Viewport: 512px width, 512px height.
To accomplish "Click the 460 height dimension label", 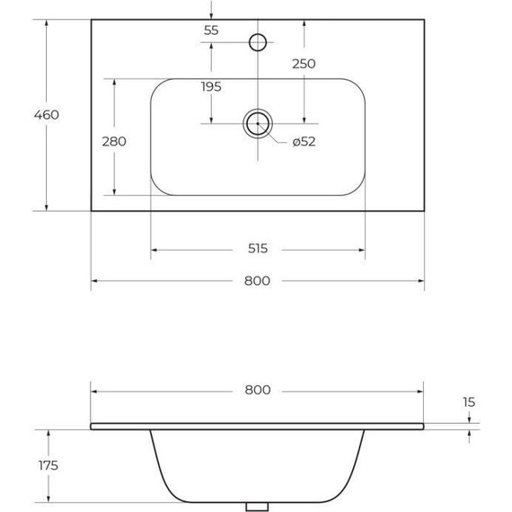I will click(46, 115).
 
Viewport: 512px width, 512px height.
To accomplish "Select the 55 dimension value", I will click(211, 31).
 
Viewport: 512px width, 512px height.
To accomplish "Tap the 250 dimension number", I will click(304, 64).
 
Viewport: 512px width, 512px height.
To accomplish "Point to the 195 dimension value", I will click(211, 86).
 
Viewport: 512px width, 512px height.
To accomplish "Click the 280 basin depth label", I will click(114, 141).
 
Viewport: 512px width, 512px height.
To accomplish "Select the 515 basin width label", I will click(257, 249).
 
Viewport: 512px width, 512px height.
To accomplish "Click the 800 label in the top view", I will click(257, 280).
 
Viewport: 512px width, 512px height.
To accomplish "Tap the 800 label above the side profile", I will click(257, 391).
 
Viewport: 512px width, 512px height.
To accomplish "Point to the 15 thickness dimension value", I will click(470, 402).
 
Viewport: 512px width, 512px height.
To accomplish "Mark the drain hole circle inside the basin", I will click(257, 123).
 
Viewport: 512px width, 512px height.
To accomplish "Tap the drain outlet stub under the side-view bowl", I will click(258, 507).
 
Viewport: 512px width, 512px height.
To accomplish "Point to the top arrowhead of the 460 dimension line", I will click(47, 22).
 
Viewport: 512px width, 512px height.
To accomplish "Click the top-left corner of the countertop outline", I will click(92, 20).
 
